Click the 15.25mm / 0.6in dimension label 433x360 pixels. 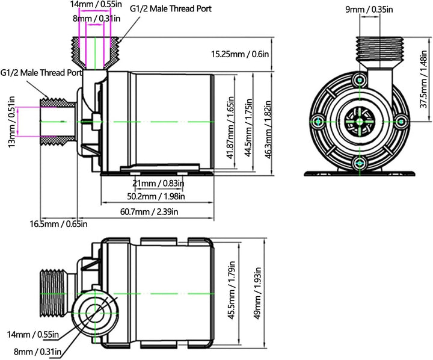coord(240,54)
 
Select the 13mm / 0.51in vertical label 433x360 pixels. coord(12,122)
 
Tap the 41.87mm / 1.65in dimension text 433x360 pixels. coord(230,128)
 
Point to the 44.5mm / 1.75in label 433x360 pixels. coord(248,128)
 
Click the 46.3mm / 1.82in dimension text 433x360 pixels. coord(268,129)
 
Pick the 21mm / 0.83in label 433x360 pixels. coord(158,183)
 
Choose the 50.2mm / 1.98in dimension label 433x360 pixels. coord(156,196)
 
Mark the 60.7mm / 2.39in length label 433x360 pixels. coord(149,212)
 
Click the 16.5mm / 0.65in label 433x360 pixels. coord(58,224)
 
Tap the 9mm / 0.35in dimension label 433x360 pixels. coord(369,10)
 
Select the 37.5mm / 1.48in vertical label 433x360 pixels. coord(424,79)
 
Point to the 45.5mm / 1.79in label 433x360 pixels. coord(232,290)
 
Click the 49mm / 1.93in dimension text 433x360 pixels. coord(257,293)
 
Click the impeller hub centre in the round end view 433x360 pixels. coord(360,122)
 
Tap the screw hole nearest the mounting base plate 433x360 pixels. coord(360,164)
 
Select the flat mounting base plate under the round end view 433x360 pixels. coord(360,173)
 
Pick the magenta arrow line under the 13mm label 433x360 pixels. coord(18,122)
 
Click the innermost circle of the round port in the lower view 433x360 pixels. coord(95,313)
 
